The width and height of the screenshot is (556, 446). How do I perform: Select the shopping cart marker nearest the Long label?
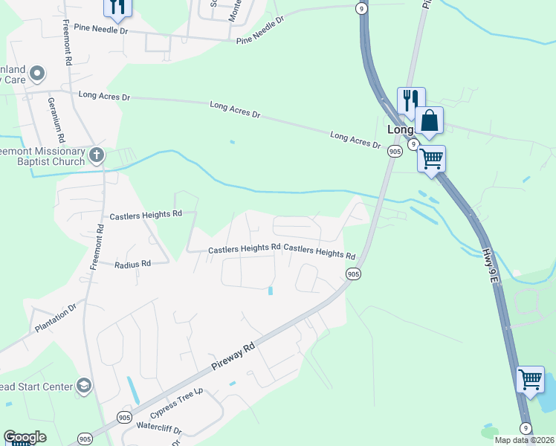pyautogui.click(x=431, y=158)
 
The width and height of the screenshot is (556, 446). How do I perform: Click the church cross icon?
pyautogui.click(x=96, y=155)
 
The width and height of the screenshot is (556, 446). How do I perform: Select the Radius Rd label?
pyautogui.click(x=133, y=264)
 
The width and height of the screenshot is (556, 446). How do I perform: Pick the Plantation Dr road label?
pyautogui.click(x=55, y=317)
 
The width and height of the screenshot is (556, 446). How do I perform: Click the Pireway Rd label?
pyautogui.click(x=232, y=357)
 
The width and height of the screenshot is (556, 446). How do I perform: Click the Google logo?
pyautogui.click(x=25, y=437)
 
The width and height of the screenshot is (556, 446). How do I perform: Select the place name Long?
pyautogui.click(x=400, y=129)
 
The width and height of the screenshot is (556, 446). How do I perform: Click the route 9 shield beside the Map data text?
pyautogui.click(x=526, y=427)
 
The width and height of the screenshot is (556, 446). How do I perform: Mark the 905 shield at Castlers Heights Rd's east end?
pyautogui.click(x=353, y=274)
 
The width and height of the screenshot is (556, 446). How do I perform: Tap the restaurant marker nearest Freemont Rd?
pyautogui.click(x=117, y=7)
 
